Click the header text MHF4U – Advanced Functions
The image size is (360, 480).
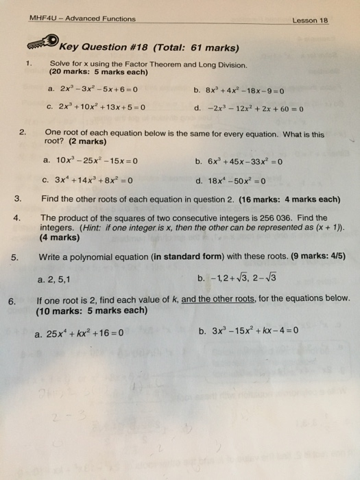(82, 19)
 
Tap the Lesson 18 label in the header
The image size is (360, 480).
(311, 21)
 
